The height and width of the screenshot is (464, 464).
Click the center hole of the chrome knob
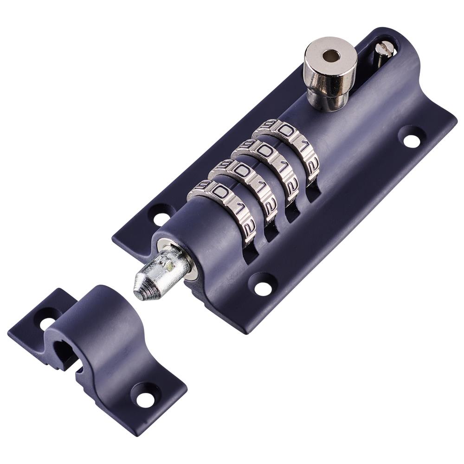(x=330, y=56)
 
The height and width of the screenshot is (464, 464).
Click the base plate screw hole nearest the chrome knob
(x=412, y=140)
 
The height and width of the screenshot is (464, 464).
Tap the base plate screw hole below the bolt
(x=263, y=288)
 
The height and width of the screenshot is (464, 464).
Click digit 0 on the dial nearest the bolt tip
(x=220, y=193)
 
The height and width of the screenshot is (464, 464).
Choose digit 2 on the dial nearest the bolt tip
(x=249, y=227)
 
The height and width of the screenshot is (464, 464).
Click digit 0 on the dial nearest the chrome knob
(x=286, y=131)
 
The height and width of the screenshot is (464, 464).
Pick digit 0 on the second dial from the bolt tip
(x=242, y=171)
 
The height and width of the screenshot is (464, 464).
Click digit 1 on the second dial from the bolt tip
(x=260, y=188)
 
